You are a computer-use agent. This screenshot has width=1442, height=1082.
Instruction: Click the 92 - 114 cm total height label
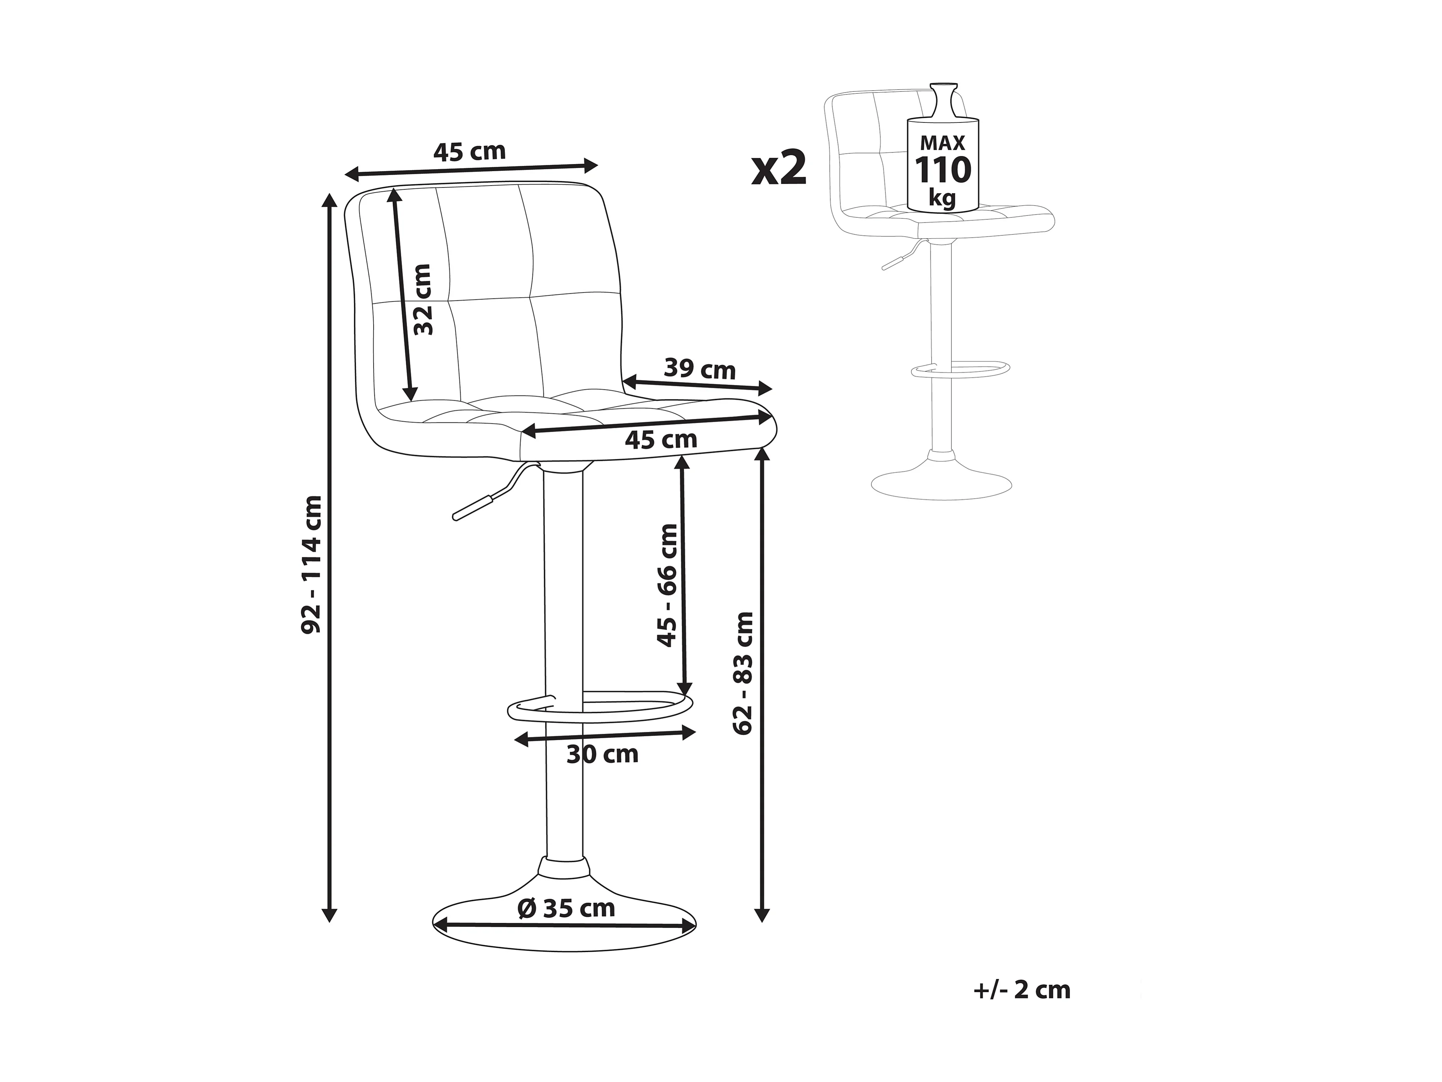click(x=312, y=564)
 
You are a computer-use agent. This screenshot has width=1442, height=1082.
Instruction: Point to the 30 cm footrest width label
click(x=602, y=755)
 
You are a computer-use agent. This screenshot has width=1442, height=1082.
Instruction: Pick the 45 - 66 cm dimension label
click(x=667, y=585)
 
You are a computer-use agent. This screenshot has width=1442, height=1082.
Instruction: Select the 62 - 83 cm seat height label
click(x=743, y=674)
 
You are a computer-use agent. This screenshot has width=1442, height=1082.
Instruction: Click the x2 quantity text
click(x=780, y=169)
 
